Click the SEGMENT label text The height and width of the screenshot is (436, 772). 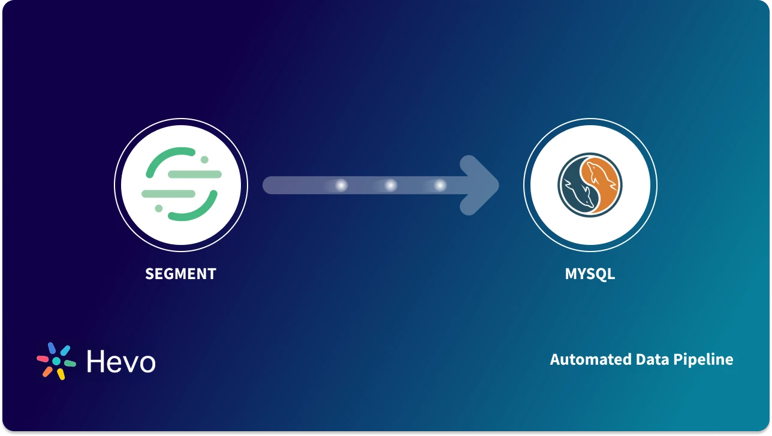click(180, 274)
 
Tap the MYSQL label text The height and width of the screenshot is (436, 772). click(590, 274)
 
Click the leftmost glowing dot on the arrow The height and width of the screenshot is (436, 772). click(341, 186)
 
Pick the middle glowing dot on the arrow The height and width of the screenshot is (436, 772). click(391, 186)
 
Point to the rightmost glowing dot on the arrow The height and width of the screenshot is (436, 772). click(440, 186)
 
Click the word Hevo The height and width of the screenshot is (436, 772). click(121, 361)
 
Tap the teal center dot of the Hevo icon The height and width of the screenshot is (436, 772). click(56, 361)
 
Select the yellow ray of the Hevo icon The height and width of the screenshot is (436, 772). click(61, 374)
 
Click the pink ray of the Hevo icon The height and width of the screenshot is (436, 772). click(43, 359)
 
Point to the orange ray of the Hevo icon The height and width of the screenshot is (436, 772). click(47, 371)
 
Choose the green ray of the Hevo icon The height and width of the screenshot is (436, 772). click(70, 363)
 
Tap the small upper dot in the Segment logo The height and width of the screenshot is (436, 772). click(204, 160)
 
